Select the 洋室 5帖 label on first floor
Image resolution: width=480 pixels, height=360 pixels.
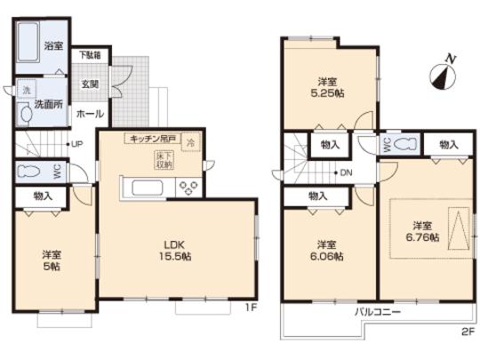[x=53, y=258]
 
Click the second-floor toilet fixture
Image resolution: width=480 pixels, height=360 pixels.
[x=405, y=145]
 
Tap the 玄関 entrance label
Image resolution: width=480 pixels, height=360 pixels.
[x=90, y=85]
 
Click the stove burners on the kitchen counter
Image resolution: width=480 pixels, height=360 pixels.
[x=190, y=188]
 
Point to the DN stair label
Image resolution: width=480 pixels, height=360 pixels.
[x=346, y=173]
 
